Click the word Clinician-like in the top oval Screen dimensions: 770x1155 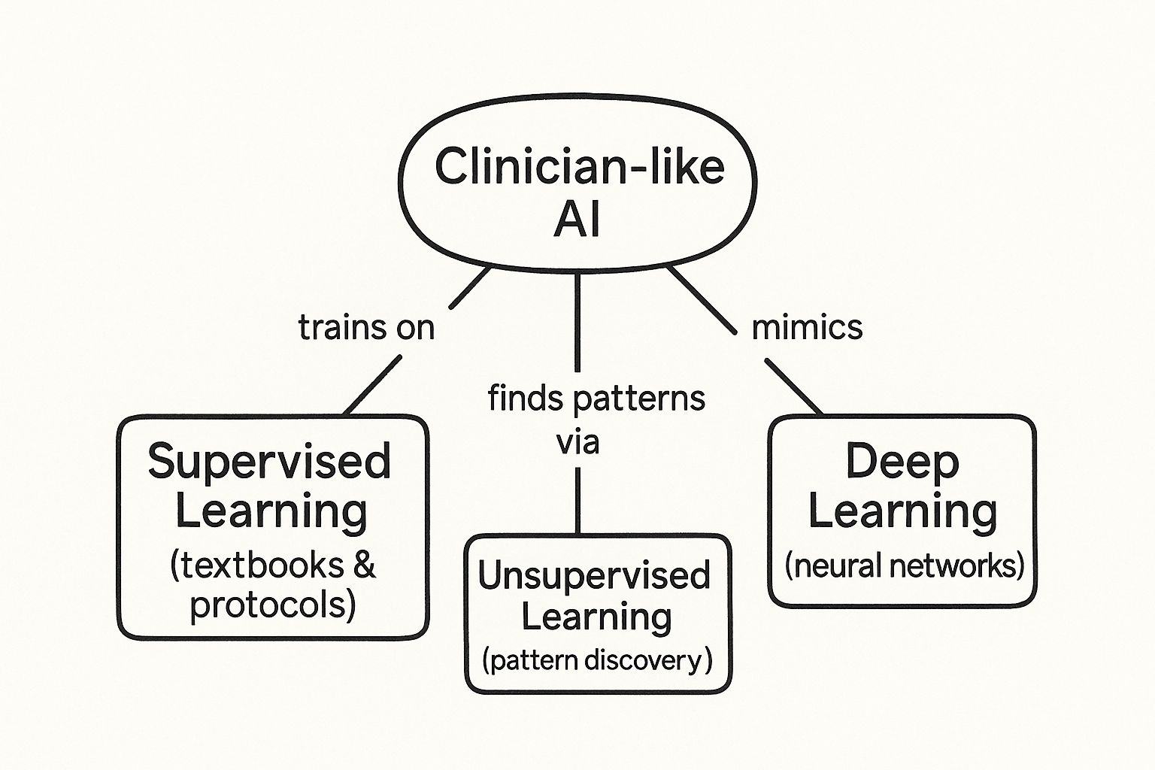pos(579,166)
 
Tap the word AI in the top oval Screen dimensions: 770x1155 pos(577,220)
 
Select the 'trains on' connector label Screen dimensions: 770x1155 pos(366,328)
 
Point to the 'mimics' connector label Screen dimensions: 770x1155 pos(807,327)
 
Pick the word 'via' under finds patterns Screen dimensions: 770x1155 pos(577,442)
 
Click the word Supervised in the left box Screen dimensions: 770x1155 pos(270,461)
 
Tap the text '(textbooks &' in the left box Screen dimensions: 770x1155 pos(273,565)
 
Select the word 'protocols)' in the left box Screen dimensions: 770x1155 pos(272,605)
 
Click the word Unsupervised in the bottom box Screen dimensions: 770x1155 pos(594,577)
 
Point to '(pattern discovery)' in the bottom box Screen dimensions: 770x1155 pos(596,661)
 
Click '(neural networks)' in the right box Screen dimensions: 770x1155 pos(904,565)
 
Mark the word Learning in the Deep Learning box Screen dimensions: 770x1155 pos(902,511)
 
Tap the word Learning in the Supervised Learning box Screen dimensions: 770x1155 pos(271,511)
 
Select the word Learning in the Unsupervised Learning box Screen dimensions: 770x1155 pos(596,617)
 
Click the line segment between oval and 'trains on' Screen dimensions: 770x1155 pos(470,288)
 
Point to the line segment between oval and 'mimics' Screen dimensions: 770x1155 pos(701,299)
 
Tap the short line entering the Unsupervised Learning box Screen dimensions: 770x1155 pos(577,500)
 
